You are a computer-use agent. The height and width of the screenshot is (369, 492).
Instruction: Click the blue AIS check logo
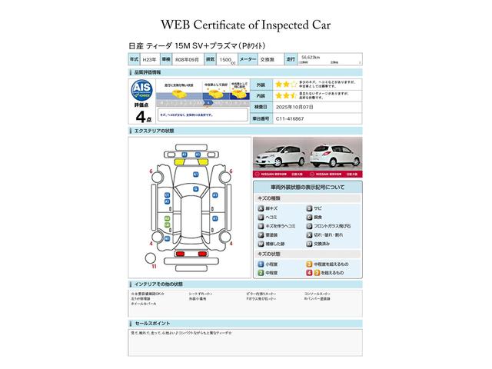click(x=141, y=88)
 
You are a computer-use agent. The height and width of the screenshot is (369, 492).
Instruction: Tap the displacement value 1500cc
click(x=227, y=58)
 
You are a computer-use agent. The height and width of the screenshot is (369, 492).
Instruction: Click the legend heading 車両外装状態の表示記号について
click(x=307, y=188)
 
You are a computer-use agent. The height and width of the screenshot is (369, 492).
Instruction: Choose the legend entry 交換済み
click(x=321, y=244)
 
